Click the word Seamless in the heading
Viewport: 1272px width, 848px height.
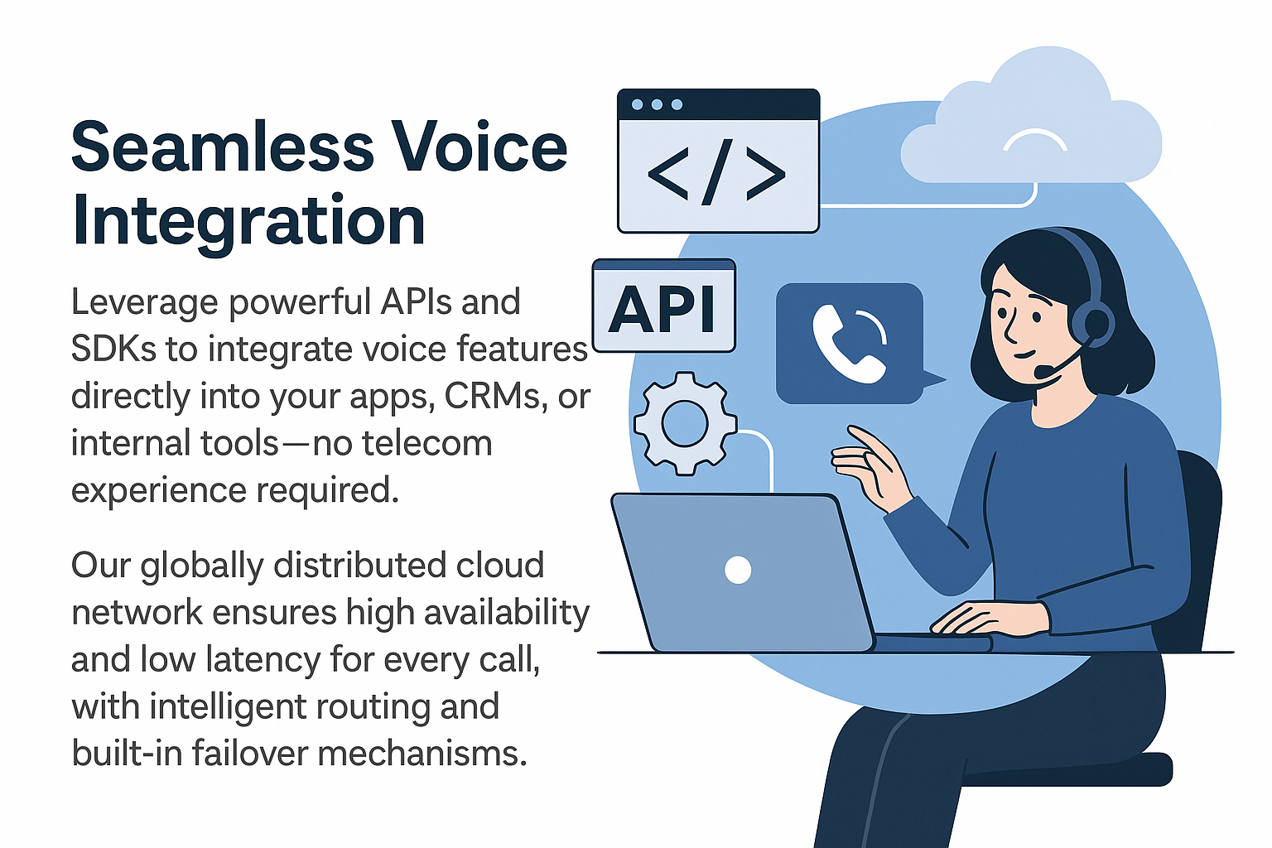pyautogui.click(x=223, y=146)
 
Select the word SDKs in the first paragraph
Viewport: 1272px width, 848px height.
pyautogui.click(x=113, y=349)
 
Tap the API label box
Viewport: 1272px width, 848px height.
pyautogui.click(x=664, y=306)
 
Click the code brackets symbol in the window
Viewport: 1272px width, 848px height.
pyautogui.click(x=717, y=174)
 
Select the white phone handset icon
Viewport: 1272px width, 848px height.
pyautogui.click(x=846, y=344)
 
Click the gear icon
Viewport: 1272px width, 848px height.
pyautogui.click(x=685, y=423)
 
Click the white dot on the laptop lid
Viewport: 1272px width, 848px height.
pyautogui.click(x=738, y=569)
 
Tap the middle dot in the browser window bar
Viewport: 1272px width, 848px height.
pyautogui.click(x=657, y=104)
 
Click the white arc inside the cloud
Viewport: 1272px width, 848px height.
pyautogui.click(x=1034, y=139)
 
